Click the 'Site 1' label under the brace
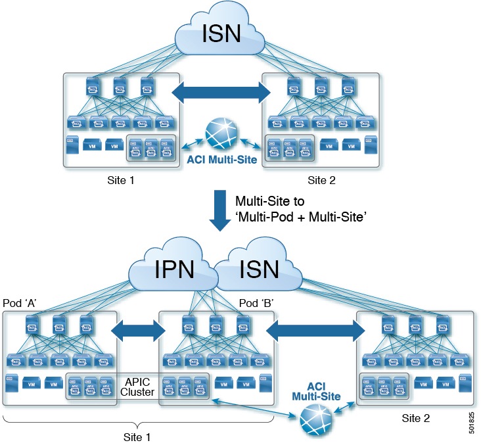pyautogui.click(x=138, y=436)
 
